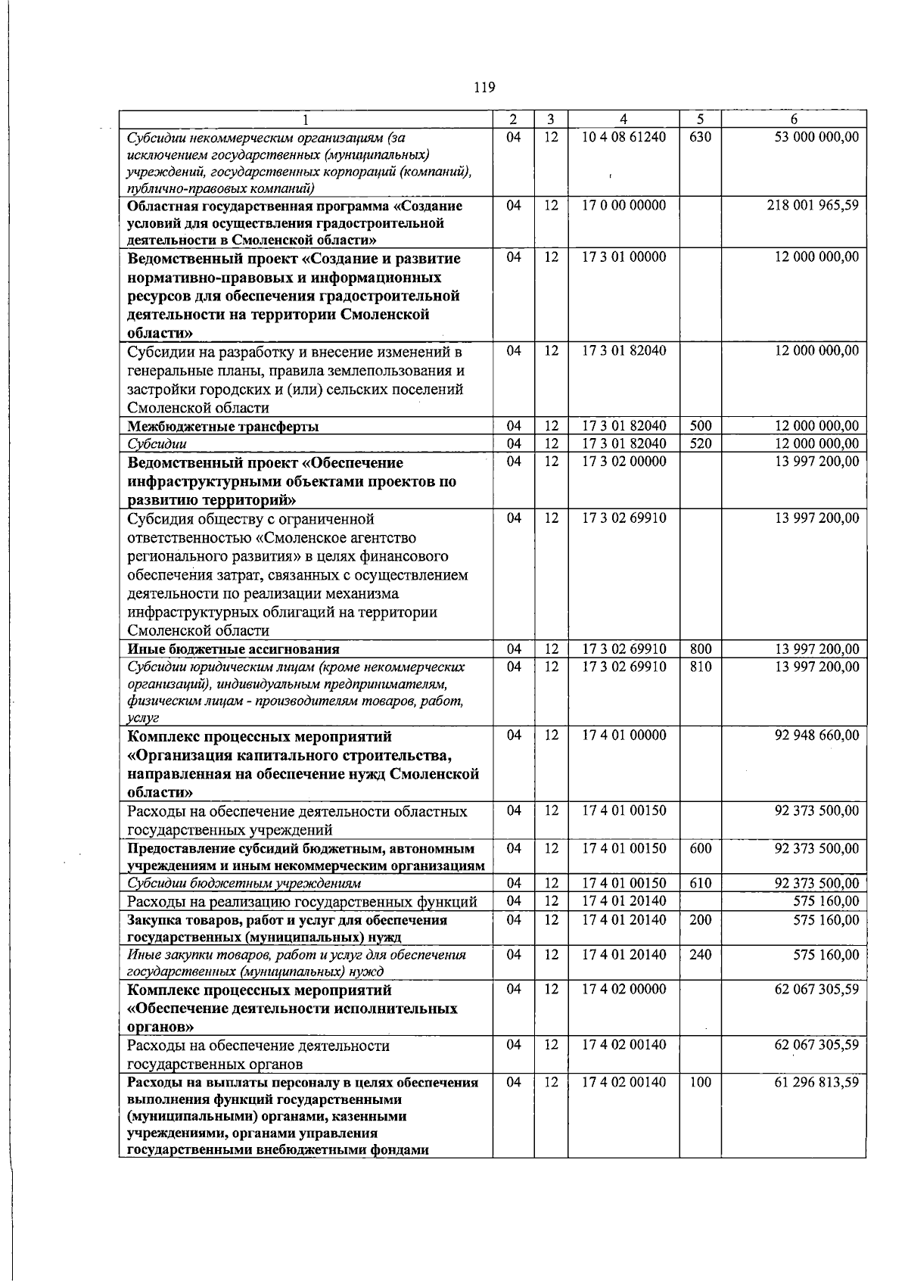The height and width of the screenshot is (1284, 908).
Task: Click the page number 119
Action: (484, 88)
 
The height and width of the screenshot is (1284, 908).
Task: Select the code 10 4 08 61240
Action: (623, 137)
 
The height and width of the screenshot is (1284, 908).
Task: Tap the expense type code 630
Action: (700, 137)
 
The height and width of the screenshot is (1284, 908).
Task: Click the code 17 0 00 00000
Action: (623, 205)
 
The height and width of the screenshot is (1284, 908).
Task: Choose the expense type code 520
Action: (700, 443)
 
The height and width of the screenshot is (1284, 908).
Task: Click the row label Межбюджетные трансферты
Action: (222, 426)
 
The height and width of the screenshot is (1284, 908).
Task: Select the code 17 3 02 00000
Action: (623, 462)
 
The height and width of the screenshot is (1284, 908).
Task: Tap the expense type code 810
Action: (700, 667)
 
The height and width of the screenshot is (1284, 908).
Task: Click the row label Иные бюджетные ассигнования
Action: (233, 649)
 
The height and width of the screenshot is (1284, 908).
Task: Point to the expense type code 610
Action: (700, 883)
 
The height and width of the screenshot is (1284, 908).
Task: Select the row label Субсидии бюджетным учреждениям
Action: (244, 883)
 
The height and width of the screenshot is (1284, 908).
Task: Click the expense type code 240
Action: (700, 955)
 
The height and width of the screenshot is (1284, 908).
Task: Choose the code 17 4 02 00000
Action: (623, 989)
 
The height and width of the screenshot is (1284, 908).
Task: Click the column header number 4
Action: (623, 119)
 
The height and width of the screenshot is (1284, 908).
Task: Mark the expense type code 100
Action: (700, 1082)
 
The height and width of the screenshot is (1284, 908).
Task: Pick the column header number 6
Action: (793, 119)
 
